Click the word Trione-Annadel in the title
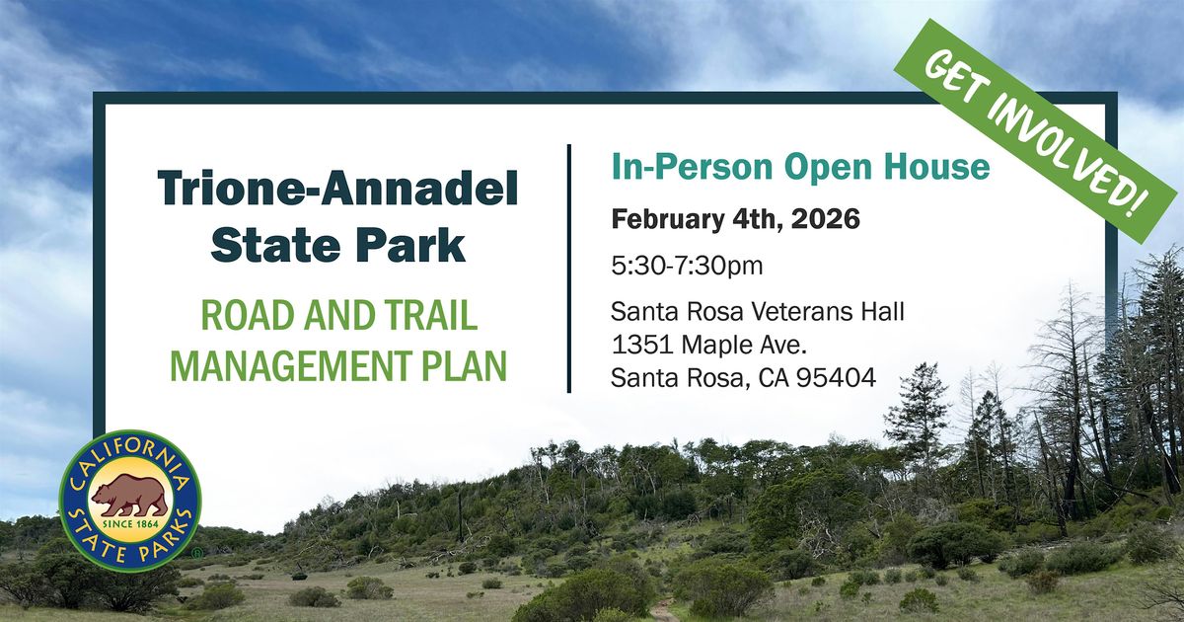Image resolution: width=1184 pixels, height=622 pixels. (337, 189)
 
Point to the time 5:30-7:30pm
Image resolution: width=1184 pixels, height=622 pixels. (687, 266)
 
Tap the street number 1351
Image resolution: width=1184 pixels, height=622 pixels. (641, 345)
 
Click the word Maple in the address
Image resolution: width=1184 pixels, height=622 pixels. (718, 346)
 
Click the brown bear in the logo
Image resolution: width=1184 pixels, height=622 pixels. (130, 496)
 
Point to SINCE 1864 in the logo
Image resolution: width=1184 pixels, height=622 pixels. (130, 524)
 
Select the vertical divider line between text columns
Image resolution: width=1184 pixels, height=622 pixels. (569, 269)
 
